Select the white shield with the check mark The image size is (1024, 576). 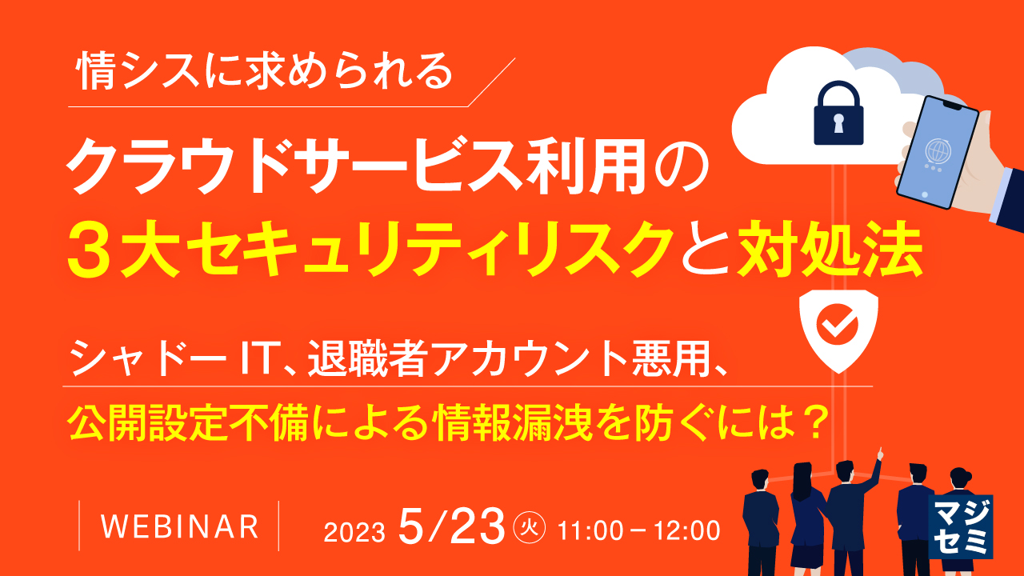pyautogui.click(x=839, y=328)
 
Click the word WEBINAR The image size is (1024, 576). pyautogui.click(x=181, y=526)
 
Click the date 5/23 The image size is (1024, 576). pyautogui.click(x=451, y=526)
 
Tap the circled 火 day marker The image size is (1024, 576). pyautogui.click(x=528, y=527)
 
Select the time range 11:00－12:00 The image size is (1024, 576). pyautogui.click(x=640, y=530)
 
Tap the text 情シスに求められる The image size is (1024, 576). pyautogui.click(x=264, y=74)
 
